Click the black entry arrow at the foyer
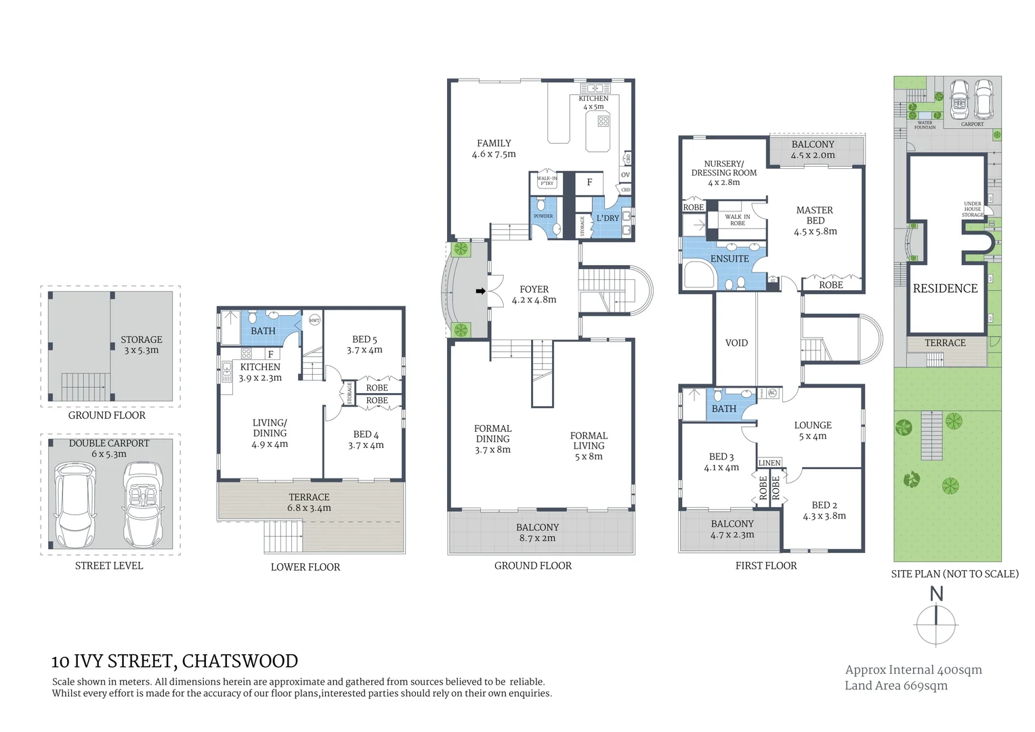pyautogui.click(x=480, y=291)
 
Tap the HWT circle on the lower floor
pyautogui.click(x=314, y=321)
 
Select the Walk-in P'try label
pyautogui.click(x=547, y=181)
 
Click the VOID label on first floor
pyautogui.click(x=736, y=343)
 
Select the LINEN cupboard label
pyautogui.click(x=769, y=463)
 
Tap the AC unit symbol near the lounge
pyautogui.click(x=772, y=393)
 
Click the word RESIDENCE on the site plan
pyautogui.click(x=945, y=289)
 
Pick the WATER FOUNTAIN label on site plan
pyautogui.click(x=925, y=125)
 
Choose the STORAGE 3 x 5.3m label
pyautogui.click(x=141, y=345)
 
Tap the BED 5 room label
pyautogui.click(x=364, y=344)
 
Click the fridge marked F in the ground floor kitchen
pyautogui.click(x=589, y=182)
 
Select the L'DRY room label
pyautogui.click(x=608, y=218)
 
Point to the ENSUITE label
pyautogui.click(x=730, y=259)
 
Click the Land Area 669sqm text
pyautogui.click(x=895, y=686)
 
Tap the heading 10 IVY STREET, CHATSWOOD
pyautogui.click(x=175, y=662)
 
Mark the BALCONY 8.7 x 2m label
pyautogui.click(x=537, y=533)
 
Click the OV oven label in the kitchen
pyautogui.click(x=625, y=175)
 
